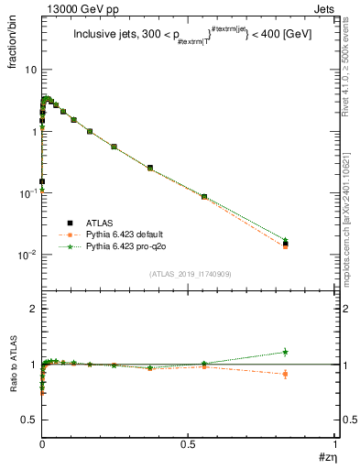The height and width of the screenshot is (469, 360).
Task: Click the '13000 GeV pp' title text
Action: point(75,7)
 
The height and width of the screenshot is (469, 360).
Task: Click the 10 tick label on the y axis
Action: point(30,70)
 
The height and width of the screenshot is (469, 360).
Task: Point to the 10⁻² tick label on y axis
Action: point(27,255)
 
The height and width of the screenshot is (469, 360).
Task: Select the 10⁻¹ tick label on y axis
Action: point(27,193)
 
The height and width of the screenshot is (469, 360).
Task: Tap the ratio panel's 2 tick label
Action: point(34,309)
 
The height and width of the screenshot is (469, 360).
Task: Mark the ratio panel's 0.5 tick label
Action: point(29,420)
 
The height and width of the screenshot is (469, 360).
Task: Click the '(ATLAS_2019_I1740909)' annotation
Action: point(190,274)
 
